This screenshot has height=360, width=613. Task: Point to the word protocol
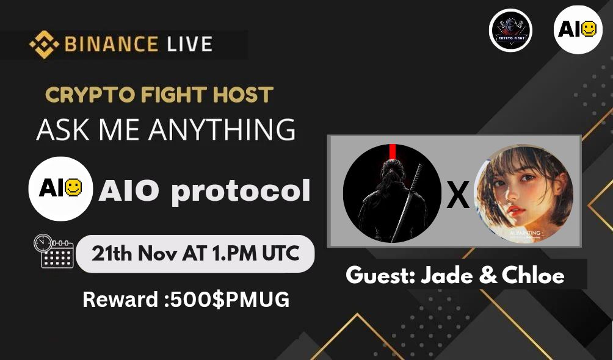(x=241, y=191)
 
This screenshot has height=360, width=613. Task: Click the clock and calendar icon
(x=53, y=251)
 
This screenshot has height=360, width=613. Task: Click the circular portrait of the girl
(x=523, y=193)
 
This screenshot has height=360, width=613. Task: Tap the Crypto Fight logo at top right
(x=510, y=30)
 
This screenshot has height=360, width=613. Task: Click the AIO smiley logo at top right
(x=578, y=30)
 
